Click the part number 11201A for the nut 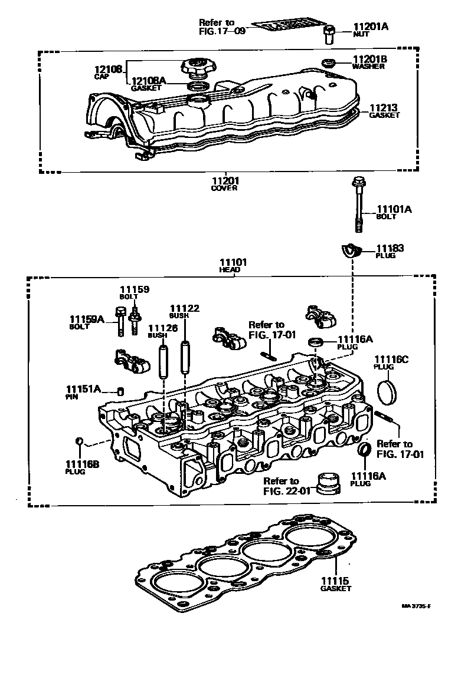point(371,27)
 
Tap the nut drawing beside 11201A point(329,34)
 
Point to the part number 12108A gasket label point(148,81)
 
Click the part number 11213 point(383,108)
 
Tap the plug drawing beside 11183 point(352,251)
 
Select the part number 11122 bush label point(184,308)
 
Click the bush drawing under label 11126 point(163,361)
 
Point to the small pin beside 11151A point(120,391)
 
